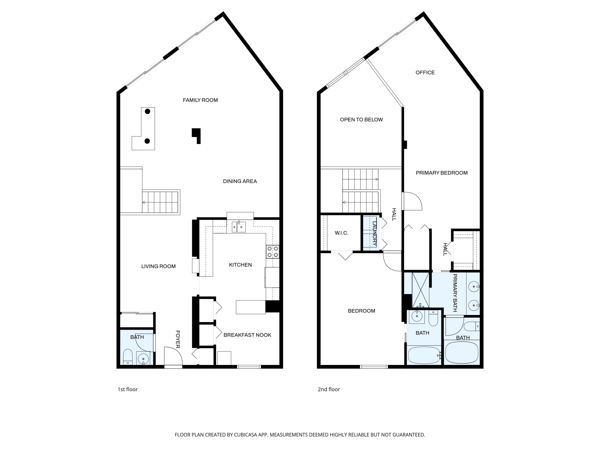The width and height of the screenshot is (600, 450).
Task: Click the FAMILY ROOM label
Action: [x=200, y=100]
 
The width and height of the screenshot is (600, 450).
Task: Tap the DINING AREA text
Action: [x=240, y=181]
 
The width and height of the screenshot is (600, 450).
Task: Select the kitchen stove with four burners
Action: [x=273, y=251]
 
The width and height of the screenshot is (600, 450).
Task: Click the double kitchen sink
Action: [x=239, y=227]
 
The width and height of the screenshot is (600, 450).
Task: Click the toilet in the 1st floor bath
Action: [x=127, y=357]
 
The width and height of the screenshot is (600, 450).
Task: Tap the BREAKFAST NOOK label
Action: [x=247, y=335]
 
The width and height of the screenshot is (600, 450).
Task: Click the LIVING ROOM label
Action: [x=158, y=266]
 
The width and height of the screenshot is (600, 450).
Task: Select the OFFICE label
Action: [x=425, y=72]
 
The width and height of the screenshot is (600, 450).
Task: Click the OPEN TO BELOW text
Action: [x=361, y=120]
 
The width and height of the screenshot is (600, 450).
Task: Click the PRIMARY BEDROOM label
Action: [x=442, y=173]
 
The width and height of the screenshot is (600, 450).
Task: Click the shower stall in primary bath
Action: [x=420, y=290]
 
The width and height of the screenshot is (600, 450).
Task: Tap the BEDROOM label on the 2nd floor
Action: [x=361, y=311]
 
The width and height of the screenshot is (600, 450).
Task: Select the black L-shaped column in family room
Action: [x=197, y=135]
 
